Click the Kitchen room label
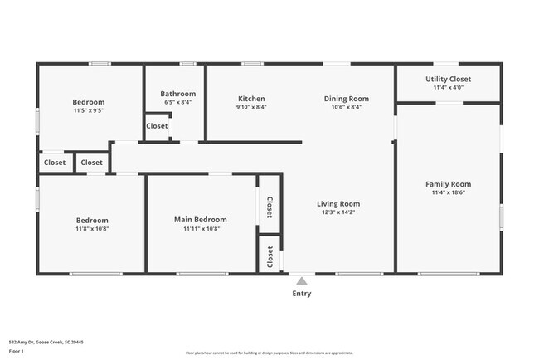251,99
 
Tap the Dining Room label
346,99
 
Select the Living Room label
338,203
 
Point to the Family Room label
448,184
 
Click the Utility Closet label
448,79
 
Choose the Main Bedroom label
200,220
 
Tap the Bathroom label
177,94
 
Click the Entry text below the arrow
302,293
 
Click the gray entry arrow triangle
302,280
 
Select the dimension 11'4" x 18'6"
448,192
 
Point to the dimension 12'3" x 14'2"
338,212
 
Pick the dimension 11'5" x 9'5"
88,109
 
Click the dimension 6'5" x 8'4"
177,102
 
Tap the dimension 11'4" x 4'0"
448,87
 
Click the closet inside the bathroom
157,126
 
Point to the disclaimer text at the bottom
269,353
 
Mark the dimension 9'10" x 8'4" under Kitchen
251,107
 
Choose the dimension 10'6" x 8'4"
346,107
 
